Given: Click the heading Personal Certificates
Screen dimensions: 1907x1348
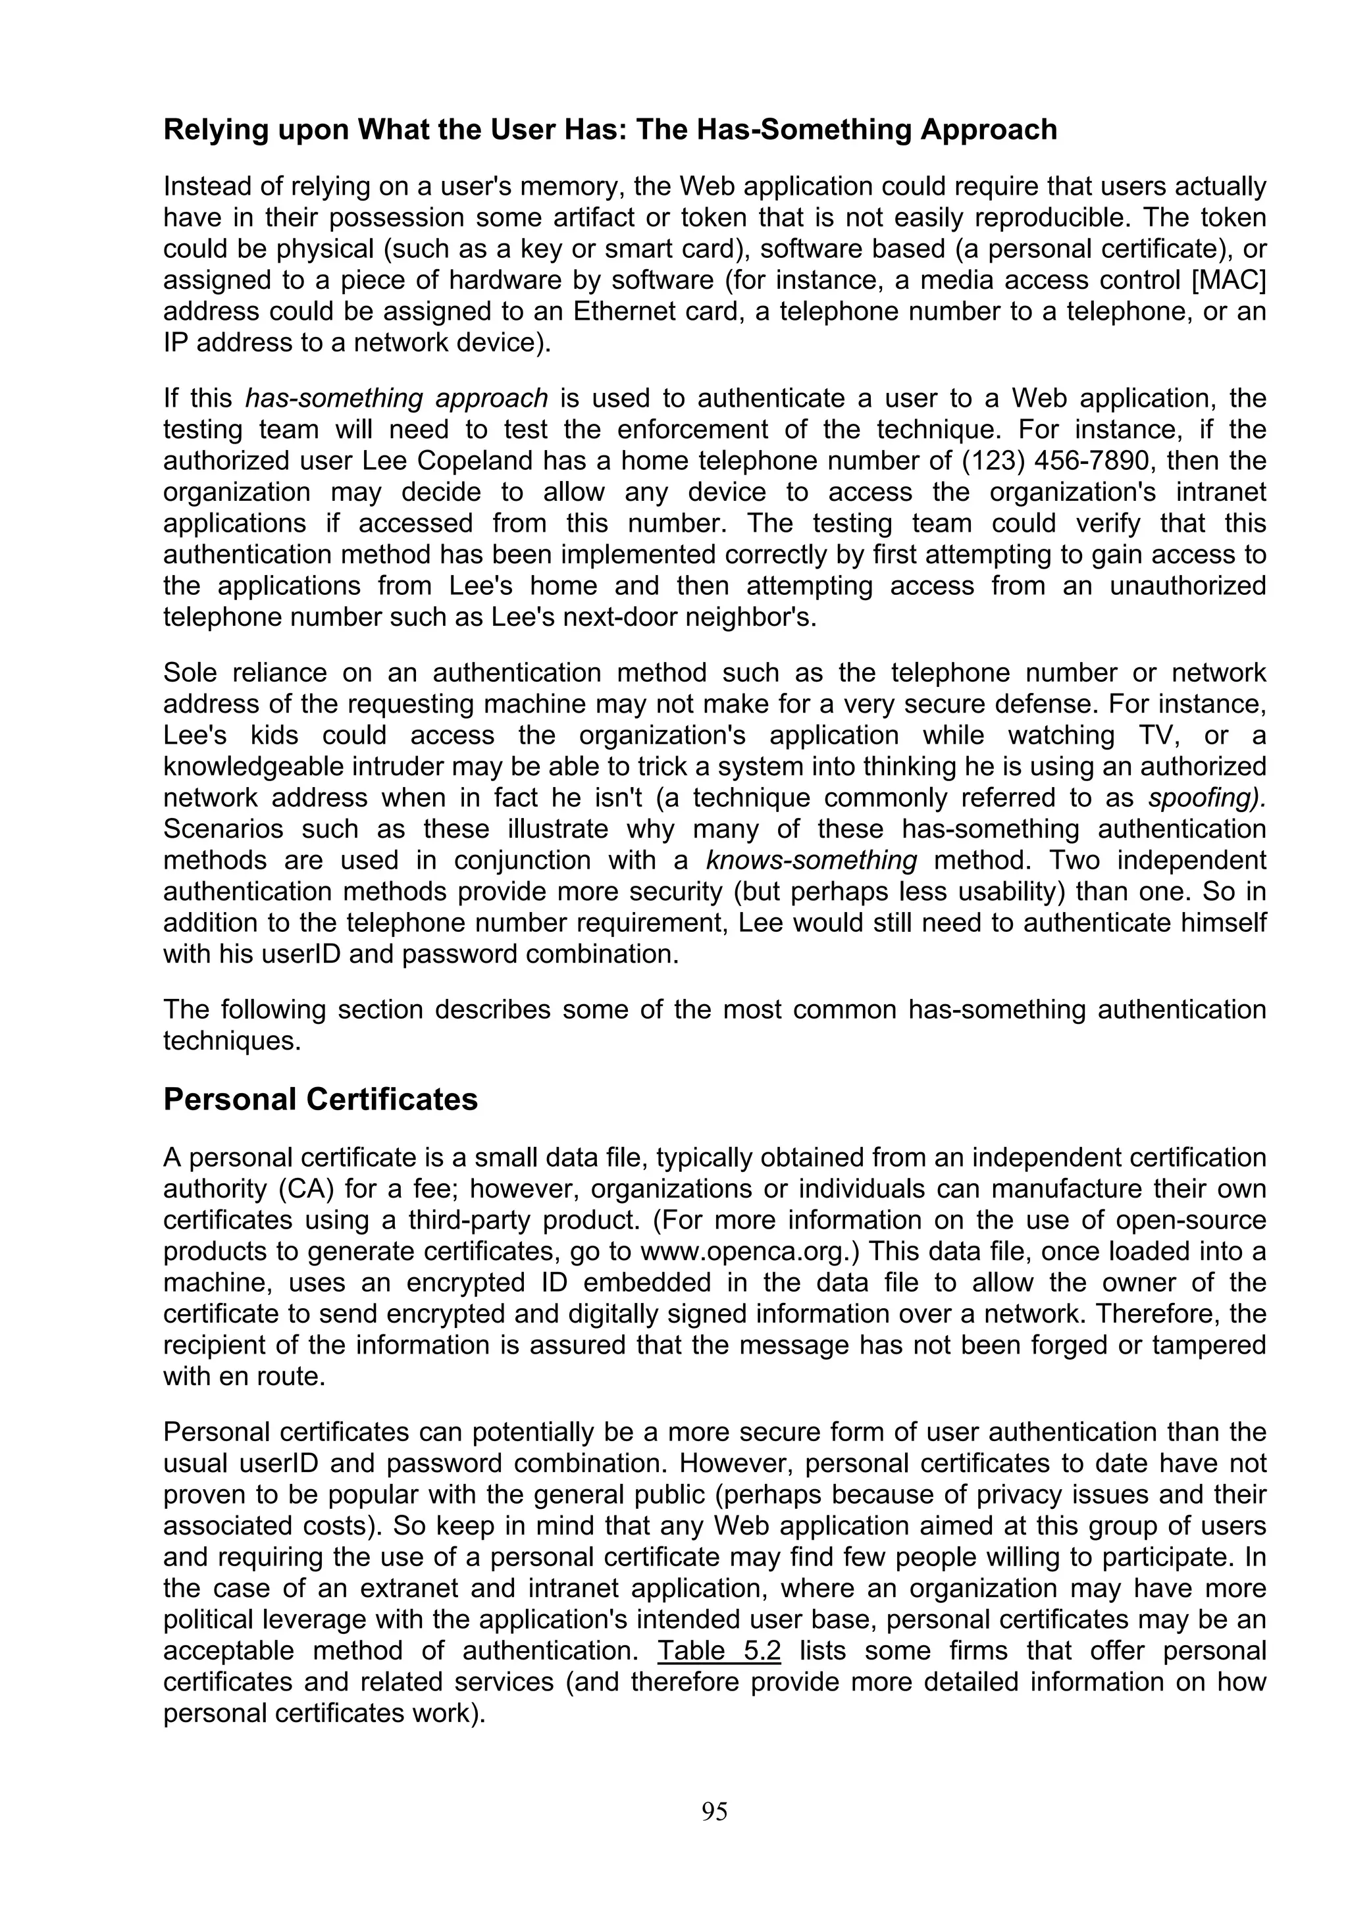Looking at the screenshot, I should point(321,1099).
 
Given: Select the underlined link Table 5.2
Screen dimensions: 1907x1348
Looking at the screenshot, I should point(719,1650).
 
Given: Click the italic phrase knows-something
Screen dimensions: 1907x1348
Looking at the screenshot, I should point(812,859).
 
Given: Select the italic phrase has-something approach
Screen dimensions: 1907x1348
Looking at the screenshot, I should point(396,399).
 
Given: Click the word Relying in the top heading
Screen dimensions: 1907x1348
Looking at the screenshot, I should point(213,130).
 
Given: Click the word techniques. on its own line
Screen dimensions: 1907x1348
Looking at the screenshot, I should point(232,1041).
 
